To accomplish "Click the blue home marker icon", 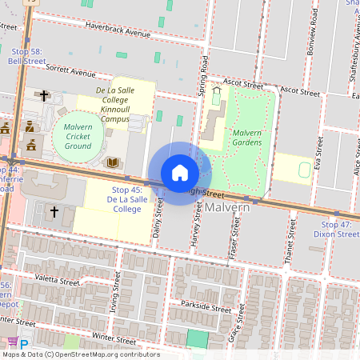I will pos(180,173).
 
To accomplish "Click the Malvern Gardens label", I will pos(247,138).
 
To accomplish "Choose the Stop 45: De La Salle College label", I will pos(126,199).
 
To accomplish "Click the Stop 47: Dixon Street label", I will pos(335,230).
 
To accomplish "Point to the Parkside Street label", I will pos(206,306).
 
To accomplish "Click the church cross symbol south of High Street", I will pos(54,212).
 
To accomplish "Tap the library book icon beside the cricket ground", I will pos(113,162).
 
